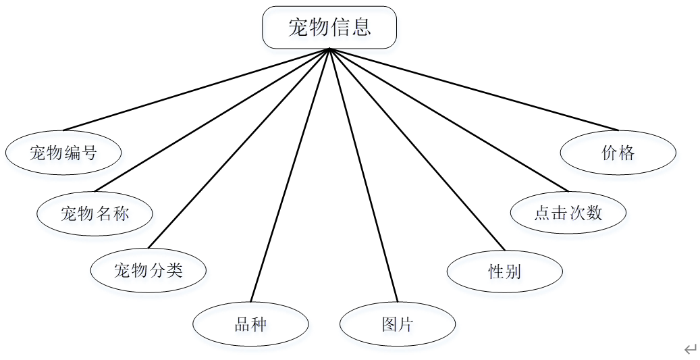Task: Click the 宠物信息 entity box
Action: (329, 28)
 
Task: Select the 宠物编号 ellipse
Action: (63, 153)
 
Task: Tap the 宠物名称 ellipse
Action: (95, 214)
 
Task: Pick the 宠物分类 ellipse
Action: (149, 270)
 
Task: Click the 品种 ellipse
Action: (250, 324)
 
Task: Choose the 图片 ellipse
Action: (398, 324)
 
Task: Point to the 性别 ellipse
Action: (505, 272)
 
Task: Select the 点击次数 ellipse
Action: (568, 213)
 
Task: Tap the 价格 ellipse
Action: (618, 153)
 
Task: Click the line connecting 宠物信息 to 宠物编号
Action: (196, 89)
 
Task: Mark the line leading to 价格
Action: (473, 89)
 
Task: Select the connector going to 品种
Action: (290, 176)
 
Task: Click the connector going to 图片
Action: (363, 176)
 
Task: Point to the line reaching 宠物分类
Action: (238, 149)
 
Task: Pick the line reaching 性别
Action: (416, 149)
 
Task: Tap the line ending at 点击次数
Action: (448, 120)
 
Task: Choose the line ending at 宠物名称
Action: (212, 120)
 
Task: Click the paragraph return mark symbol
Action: (690, 349)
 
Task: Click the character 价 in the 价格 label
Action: (610, 153)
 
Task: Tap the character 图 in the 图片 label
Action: (389, 325)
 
